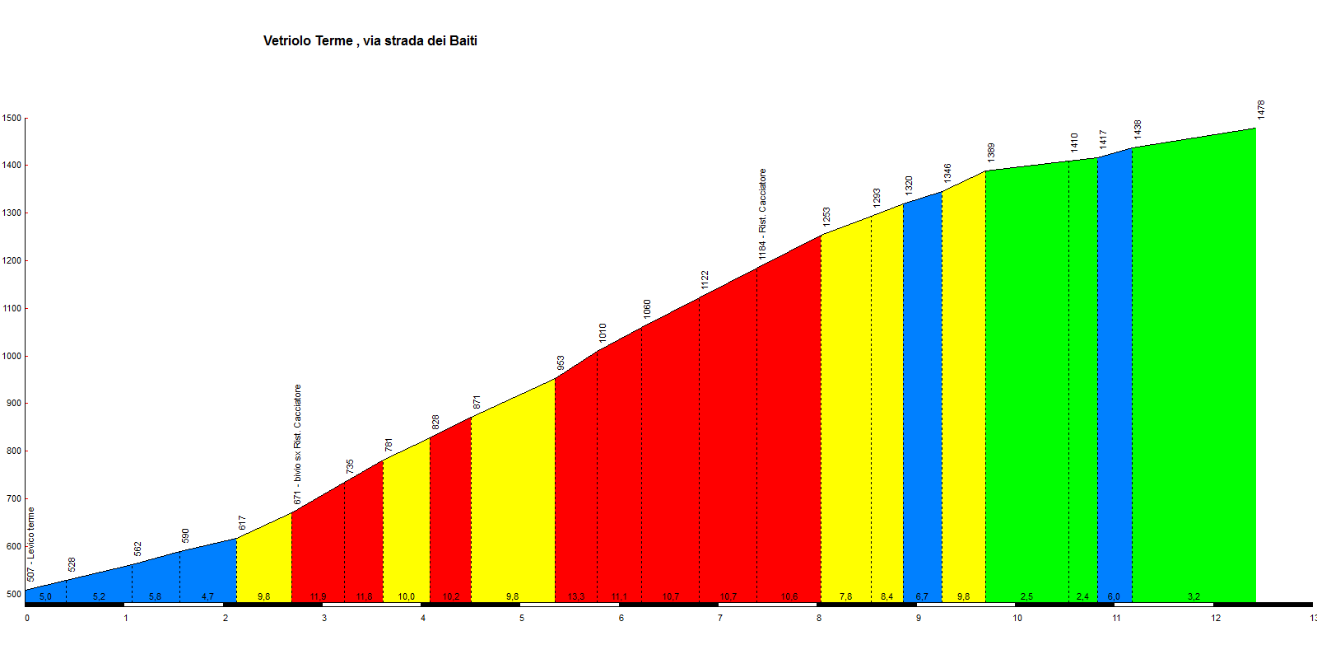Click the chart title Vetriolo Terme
370,41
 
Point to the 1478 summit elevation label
1261,110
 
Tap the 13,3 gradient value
576,596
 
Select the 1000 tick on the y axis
12,357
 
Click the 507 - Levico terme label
31,544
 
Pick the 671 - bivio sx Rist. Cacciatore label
298,444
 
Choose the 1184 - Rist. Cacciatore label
763,214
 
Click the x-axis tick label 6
621,618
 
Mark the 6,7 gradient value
922,596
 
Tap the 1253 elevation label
826,217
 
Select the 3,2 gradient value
1194,596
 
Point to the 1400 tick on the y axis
12,166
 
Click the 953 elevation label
561,363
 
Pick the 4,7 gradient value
207,596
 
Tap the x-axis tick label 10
1017,618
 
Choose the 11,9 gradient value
318,596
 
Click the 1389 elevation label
991,152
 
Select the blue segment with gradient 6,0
1115,379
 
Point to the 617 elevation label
242,523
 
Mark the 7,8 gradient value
845,596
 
